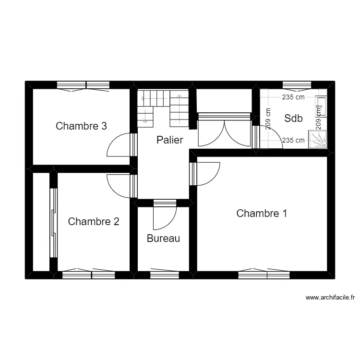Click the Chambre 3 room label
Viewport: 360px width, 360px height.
(81, 126)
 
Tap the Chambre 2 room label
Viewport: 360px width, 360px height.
(94, 221)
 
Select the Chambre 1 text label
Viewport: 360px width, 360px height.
(262, 213)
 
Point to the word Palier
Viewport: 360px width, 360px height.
(170, 140)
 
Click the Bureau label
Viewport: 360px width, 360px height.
(163, 238)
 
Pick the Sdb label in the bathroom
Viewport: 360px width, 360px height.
(293, 118)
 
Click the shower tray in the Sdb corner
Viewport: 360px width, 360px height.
(318, 140)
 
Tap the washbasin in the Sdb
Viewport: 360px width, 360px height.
(321, 106)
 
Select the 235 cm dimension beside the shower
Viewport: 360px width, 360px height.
(293, 141)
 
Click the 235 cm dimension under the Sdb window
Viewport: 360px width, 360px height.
(293, 97)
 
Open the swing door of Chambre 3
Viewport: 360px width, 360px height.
(119, 145)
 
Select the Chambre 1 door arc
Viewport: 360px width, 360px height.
(207, 173)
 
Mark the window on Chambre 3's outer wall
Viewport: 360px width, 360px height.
(84, 85)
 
